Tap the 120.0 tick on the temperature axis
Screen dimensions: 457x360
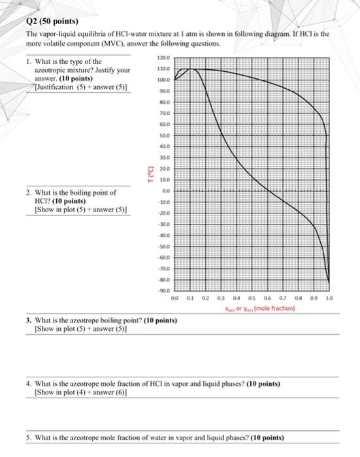pos(164,58)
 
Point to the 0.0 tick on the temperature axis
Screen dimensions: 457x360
pos(166,190)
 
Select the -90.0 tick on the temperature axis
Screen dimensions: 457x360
pos(164,289)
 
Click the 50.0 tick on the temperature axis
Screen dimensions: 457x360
pos(165,135)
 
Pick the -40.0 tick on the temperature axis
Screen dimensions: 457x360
pos(164,234)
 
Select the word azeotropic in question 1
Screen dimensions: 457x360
pos(50,70)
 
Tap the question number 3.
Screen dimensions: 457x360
pos(29,321)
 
